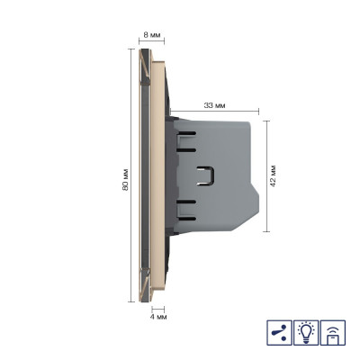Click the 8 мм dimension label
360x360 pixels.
151,35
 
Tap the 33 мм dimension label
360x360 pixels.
214,105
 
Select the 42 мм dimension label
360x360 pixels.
273,175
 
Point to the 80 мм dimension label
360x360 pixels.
125,179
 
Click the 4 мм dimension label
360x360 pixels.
157,317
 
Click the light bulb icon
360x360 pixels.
306,332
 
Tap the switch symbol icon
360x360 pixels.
279,332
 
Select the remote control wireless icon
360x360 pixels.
333,332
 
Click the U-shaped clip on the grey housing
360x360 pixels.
207,175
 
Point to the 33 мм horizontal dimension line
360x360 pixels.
214,112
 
